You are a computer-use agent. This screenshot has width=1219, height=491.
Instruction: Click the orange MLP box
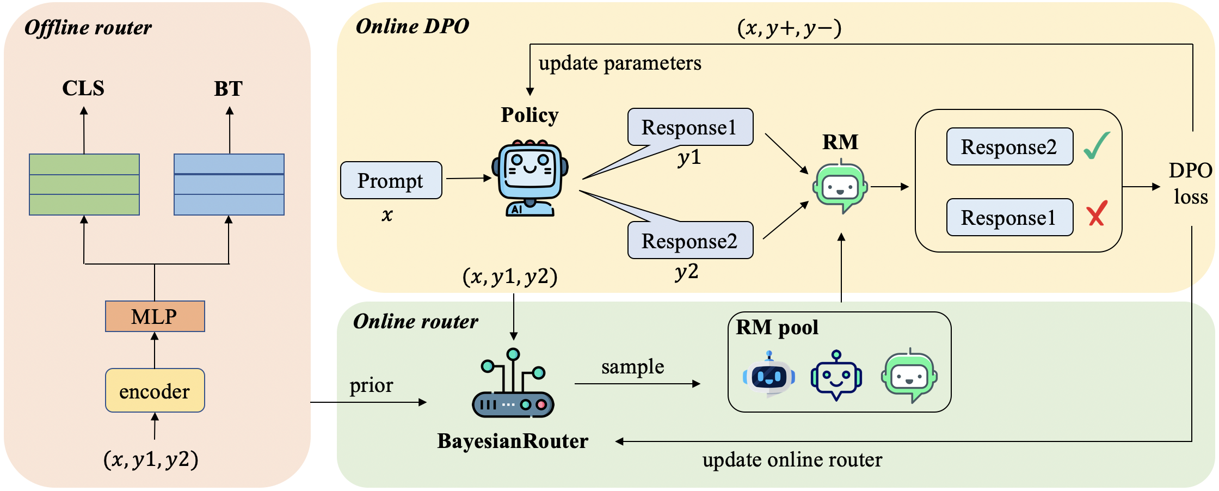155,316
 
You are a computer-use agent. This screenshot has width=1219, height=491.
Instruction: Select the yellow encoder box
155,391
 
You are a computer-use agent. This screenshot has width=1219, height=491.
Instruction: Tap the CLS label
83,88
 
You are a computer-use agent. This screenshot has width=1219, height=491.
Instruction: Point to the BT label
228,89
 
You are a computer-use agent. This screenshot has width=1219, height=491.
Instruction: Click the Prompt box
391,181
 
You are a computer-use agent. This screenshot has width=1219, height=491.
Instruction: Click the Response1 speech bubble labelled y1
689,127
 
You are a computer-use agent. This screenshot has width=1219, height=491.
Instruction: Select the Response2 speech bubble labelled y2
689,241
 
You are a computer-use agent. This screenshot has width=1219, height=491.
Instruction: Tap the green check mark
1096,146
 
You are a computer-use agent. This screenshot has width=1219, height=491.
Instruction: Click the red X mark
1097,213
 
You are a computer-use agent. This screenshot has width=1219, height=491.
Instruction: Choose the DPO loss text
1190,183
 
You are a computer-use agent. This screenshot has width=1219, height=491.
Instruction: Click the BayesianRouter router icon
513,384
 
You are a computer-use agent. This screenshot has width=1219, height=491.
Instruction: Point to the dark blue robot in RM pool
836,376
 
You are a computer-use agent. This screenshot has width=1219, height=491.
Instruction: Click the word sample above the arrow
632,367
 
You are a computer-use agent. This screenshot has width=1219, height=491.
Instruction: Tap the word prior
371,385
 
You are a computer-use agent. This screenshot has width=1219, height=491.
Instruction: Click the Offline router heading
88,28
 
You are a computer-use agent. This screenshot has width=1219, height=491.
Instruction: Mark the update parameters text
620,63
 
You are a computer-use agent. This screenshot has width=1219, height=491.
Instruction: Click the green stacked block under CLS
84,185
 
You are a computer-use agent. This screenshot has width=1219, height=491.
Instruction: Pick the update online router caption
792,460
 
